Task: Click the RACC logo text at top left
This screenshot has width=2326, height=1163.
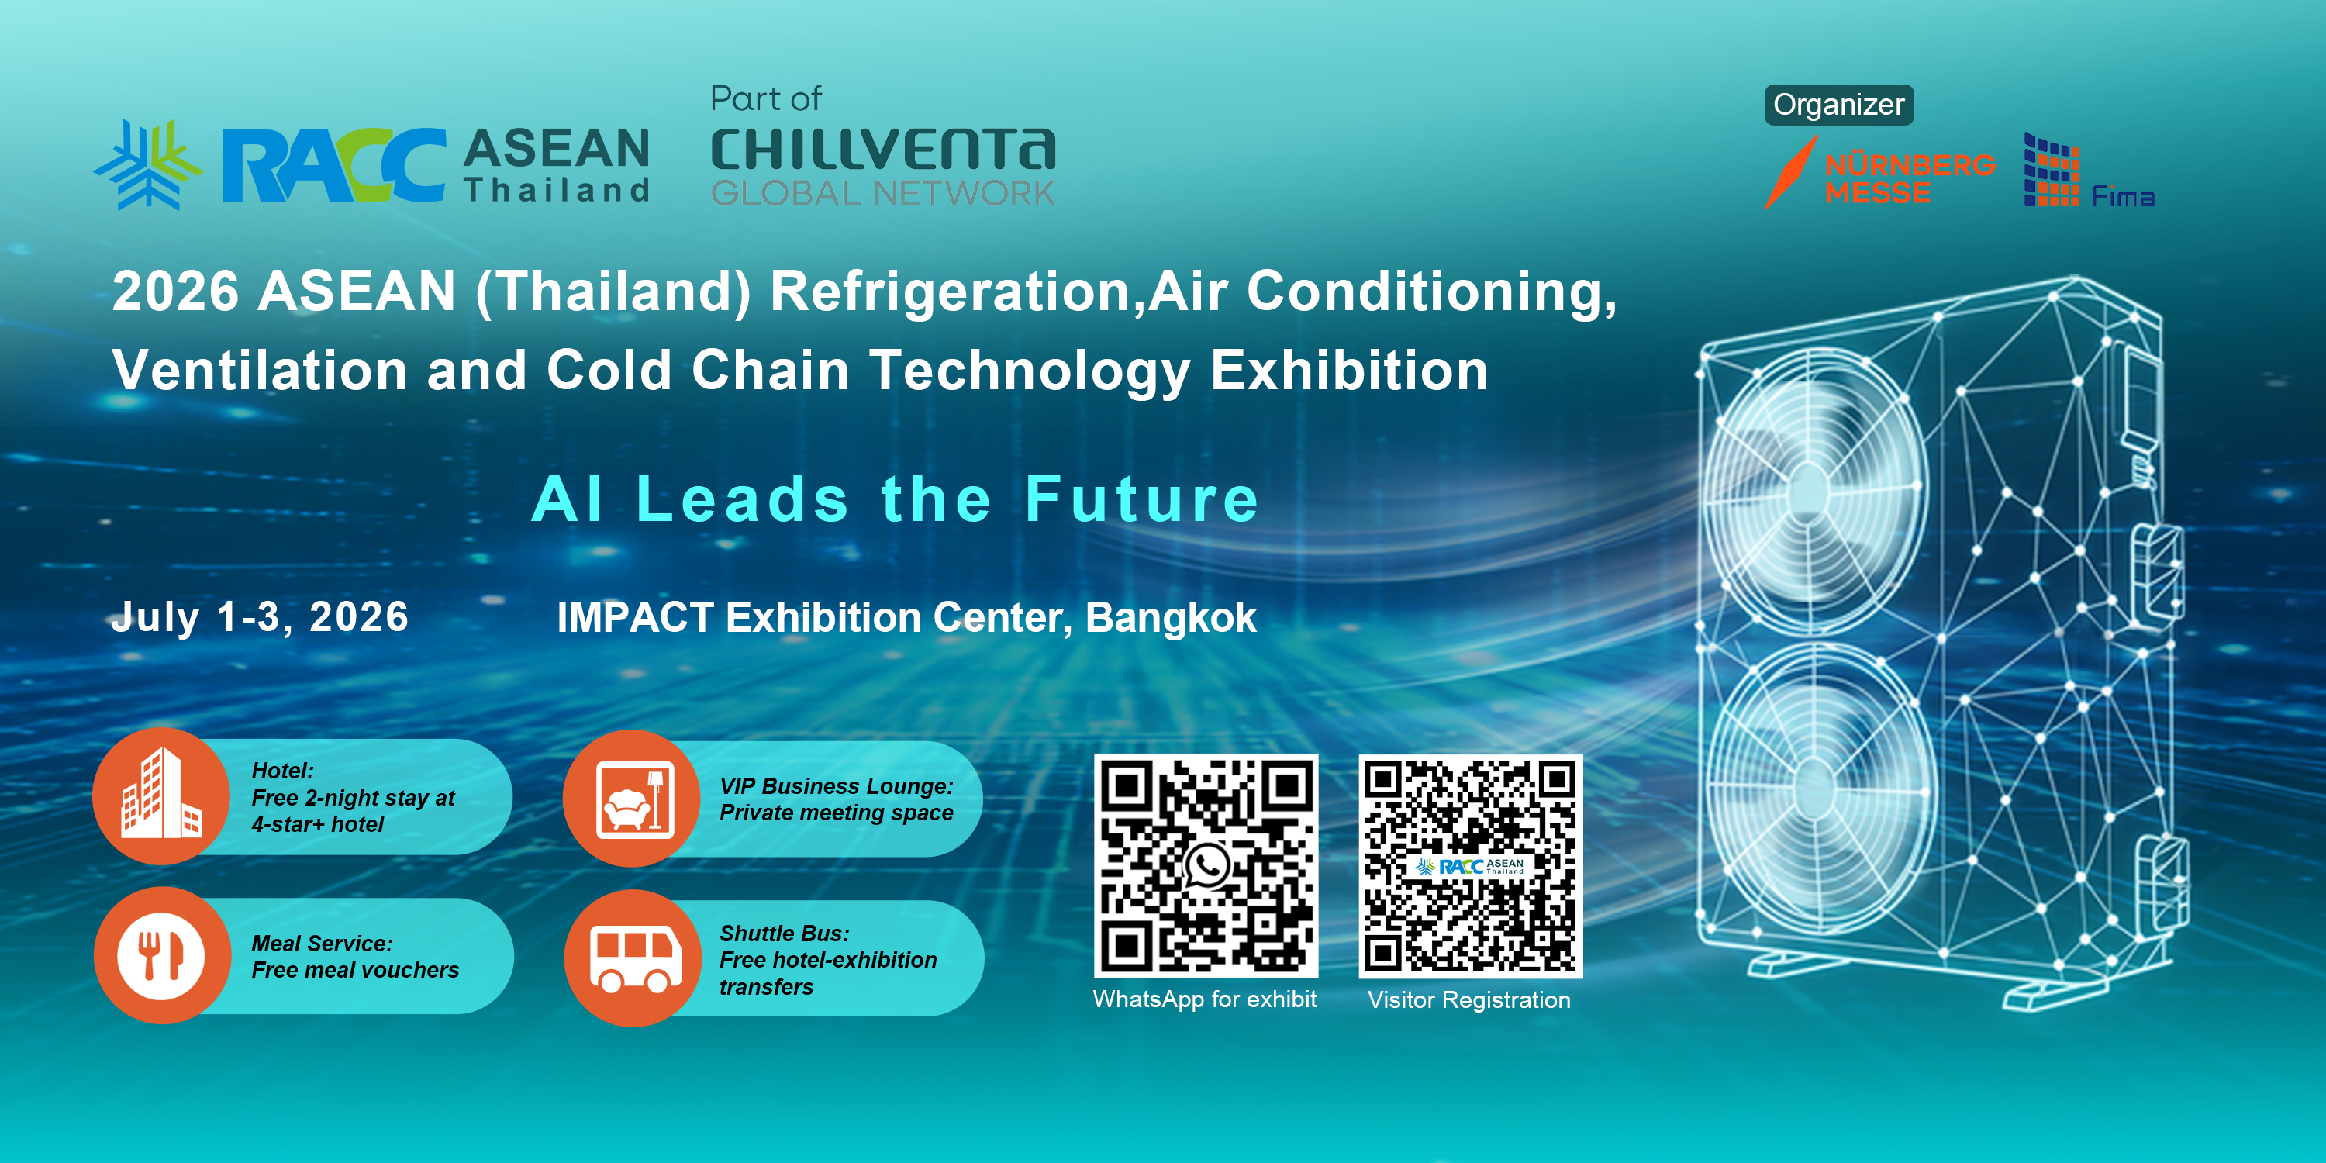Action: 334,164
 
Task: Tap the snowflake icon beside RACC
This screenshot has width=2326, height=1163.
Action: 148,164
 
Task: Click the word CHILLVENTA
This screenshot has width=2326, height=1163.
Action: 883,150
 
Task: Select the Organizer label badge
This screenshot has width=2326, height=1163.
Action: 1838,105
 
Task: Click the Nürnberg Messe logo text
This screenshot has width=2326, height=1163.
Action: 1910,179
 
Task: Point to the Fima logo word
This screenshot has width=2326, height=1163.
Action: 2123,196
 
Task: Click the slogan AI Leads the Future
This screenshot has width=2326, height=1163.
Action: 895,499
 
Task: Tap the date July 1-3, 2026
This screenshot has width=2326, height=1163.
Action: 260,618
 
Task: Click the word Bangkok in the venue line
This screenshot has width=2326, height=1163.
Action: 1170,618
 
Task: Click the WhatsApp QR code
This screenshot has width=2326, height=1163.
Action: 1206,866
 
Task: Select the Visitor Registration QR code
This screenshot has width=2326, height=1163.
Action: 1471,866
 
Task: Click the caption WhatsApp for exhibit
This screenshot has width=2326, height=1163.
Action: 1205,999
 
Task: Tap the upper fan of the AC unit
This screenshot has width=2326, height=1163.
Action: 1811,488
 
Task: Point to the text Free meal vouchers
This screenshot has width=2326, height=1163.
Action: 355,970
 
